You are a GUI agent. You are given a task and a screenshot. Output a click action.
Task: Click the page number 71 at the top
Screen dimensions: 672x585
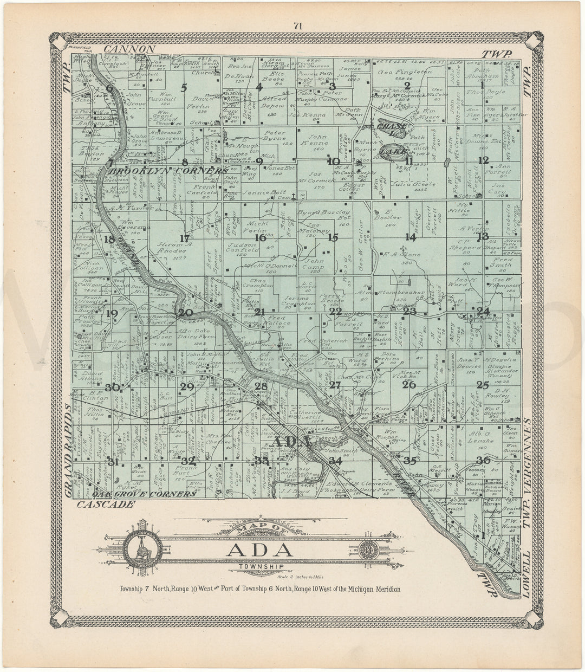coord(297,25)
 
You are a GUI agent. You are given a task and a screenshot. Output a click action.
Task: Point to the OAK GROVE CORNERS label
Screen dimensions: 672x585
coord(143,494)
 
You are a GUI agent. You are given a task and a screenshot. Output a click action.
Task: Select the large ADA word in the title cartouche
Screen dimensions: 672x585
coord(261,550)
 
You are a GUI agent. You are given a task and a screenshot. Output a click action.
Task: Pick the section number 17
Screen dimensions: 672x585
coord(185,238)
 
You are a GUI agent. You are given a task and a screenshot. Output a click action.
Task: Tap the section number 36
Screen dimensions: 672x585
coord(483,461)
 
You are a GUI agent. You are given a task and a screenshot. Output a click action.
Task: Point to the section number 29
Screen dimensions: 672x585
coord(187,386)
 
